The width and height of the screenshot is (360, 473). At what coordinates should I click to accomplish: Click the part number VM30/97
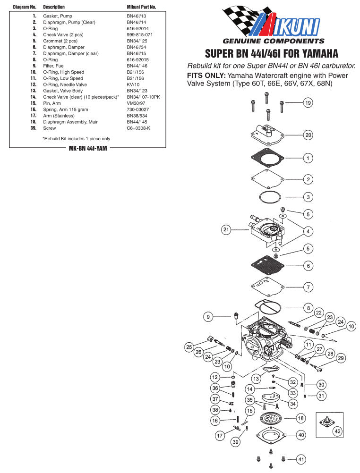point(137,103)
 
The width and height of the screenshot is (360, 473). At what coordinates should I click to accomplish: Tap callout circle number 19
point(308,103)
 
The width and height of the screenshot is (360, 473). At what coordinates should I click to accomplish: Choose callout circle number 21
point(226,230)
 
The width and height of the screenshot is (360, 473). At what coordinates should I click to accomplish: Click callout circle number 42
point(337,431)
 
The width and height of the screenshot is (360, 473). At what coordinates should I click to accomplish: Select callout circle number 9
point(208,317)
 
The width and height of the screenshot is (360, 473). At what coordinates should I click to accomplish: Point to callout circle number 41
point(301,459)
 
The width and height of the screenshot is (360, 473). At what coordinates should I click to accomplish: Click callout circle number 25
point(189,347)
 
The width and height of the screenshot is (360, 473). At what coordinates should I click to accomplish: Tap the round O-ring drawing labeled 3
point(271,196)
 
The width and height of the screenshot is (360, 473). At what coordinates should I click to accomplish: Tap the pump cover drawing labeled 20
point(269,134)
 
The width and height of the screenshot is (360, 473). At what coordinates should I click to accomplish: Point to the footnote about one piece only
point(76,139)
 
